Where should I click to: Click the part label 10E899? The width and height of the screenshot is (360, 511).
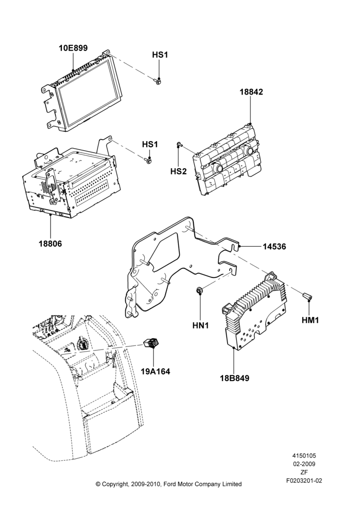click(x=73, y=48)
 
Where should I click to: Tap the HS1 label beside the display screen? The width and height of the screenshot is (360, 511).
click(x=160, y=55)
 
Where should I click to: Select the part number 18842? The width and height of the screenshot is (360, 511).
click(x=251, y=92)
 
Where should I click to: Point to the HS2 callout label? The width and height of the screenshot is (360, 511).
click(x=178, y=171)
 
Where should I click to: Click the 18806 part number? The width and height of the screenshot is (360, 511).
click(x=50, y=243)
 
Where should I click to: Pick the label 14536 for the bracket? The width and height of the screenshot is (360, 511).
click(x=275, y=247)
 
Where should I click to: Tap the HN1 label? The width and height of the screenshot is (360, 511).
click(x=200, y=325)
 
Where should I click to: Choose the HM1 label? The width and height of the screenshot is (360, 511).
click(x=310, y=320)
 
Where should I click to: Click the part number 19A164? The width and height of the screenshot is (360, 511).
click(x=155, y=371)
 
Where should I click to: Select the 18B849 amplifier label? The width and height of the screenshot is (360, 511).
click(x=234, y=378)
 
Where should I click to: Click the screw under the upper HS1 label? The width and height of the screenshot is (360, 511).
click(x=156, y=81)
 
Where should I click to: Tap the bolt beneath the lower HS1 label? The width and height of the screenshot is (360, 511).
click(x=147, y=160)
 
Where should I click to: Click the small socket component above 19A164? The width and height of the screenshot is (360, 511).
click(x=151, y=342)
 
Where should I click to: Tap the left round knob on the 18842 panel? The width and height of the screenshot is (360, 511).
click(x=218, y=168)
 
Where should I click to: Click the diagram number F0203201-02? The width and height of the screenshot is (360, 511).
click(x=304, y=481)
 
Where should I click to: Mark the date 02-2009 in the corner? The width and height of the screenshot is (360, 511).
click(x=304, y=464)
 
